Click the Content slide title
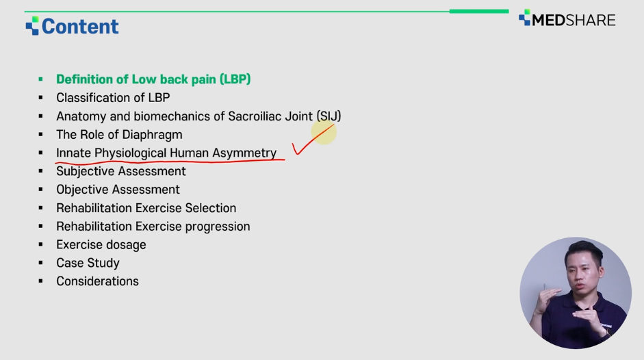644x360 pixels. (x=80, y=26)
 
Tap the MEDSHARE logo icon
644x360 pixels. (x=524, y=18)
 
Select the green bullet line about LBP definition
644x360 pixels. (x=153, y=79)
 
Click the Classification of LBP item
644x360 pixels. (x=113, y=97)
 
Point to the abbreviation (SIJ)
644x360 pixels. (x=329, y=116)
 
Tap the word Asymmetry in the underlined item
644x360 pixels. (x=244, y=153)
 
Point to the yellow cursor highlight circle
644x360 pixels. (x=324, y=132)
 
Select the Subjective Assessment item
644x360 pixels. (x=120, y=171)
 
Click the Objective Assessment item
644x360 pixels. (x=118, y=190)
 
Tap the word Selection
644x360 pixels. (x=211, y=208)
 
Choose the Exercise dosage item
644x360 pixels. (x=101, y=245)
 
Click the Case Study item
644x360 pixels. (x=88, y=263)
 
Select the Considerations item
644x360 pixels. (x=97, y=281)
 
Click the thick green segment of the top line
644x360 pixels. (x=479, y=11)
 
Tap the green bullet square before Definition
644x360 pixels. (x=40, y=79)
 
